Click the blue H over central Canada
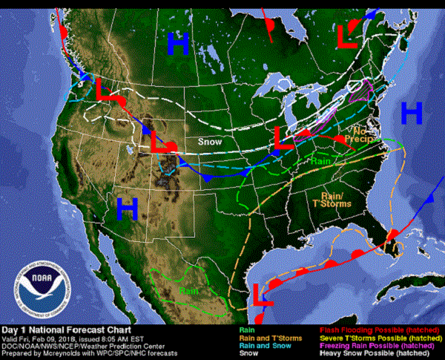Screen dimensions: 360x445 [177, 44]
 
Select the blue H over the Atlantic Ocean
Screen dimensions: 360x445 [412, 113]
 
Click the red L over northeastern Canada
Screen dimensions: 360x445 [347, 35]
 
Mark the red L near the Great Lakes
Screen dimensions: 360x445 [280, 137]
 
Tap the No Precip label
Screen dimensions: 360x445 [355, 134]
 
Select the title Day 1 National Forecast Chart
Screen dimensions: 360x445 [67, 329]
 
